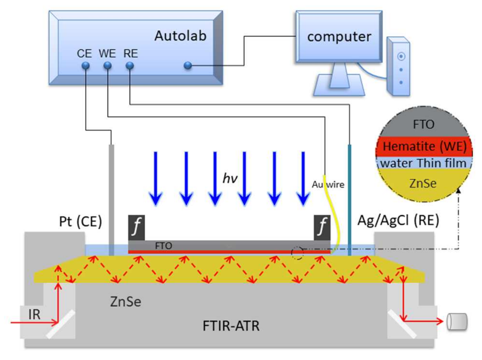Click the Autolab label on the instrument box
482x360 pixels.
(x=180, y=36)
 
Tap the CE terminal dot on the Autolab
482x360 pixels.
(x=86, y=65)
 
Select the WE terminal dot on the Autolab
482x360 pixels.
(x=108, y=65)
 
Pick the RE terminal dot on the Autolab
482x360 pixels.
(x=130, y=65)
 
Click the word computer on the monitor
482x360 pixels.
(x=339, y=36)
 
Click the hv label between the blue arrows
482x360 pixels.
(x=230, y=178)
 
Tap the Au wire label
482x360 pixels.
(x=328, y=184)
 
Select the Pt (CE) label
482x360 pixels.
(x=80, y=222)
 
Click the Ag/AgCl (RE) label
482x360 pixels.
(x=398, y=220)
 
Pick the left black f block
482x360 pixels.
(x=136, y=227)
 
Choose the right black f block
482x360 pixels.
(x=322, y=227)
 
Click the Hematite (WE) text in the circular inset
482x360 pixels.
(x=424, y=146)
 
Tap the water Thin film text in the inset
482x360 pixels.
(x=423, y=163)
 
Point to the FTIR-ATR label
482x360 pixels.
(x=231, y=326)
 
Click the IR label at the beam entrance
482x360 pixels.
(x=34, y=315)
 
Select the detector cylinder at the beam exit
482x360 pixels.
(x=457, y=321)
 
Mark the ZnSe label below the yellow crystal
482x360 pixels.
(x=125, y=302)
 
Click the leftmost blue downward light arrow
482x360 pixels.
(x=155, y=178)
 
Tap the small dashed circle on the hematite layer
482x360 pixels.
(x=297, y=253)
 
